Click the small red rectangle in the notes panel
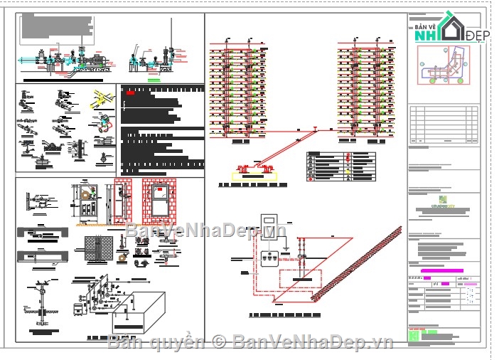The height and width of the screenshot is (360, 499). pyautogui.click(x=130, y=91)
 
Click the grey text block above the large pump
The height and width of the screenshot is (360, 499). pyautogui.click(x=56, y=26)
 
